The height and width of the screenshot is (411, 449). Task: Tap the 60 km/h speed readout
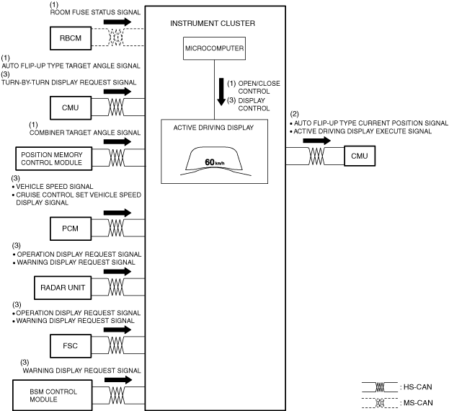pos(215,162)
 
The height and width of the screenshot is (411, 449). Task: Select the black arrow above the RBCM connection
pos(119,22)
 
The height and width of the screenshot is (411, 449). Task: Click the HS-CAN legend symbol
pos(382,386)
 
